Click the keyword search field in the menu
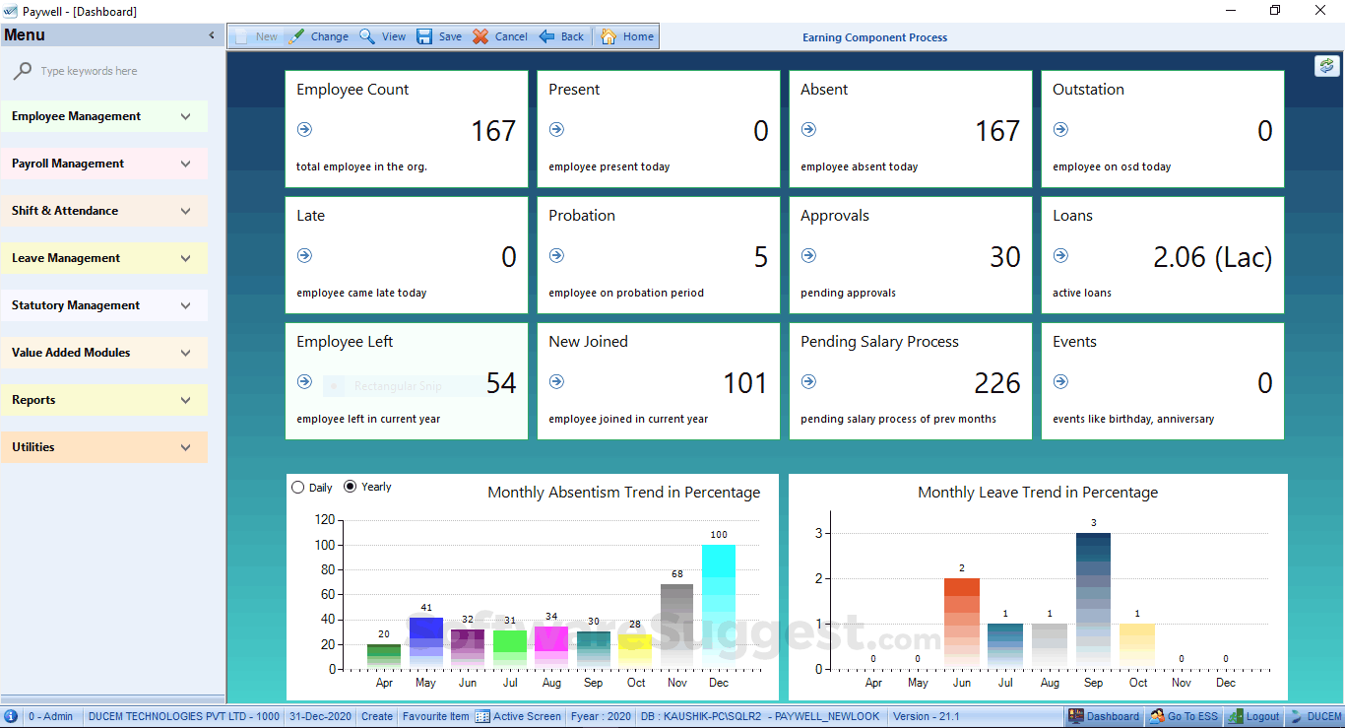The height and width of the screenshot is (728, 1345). pos(108,71)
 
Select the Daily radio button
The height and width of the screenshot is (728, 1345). pos(298,487)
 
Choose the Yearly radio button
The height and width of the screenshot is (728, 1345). pos(351,487)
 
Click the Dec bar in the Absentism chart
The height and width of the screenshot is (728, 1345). pos(719,606)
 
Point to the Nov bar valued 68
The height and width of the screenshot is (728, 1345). pos(676,626)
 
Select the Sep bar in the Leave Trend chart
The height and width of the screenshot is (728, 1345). pos(1093,601)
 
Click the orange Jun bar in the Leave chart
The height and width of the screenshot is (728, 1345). pos(962,623)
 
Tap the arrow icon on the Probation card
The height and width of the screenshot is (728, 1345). pos(556,255)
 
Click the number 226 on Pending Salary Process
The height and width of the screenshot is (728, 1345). pos(996,383)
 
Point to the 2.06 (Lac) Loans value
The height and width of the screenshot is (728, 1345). pos(1212,257)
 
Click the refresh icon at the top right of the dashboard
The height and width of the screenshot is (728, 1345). pos(1326,65)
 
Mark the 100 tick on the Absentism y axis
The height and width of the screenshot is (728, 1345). pos(324,545)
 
